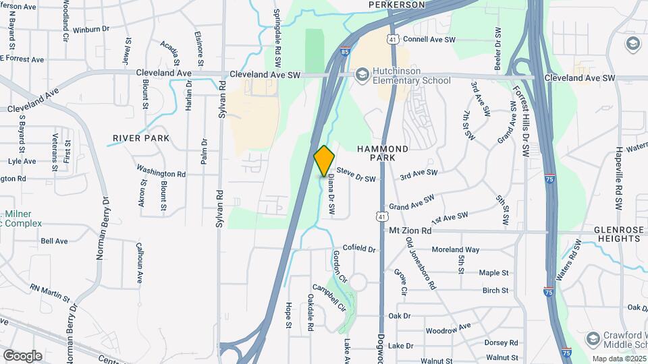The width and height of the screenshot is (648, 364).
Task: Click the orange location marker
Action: [325, 160]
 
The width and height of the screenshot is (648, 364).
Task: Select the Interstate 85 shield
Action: [346, 51]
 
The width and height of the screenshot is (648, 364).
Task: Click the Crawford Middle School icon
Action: [593, 337]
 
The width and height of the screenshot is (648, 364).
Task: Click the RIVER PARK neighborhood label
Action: [141, 138]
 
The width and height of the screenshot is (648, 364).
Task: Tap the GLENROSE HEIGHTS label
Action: [619, 235]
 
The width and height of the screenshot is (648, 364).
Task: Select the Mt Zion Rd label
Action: [410, 231]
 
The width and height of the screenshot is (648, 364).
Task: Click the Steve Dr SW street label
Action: [355, 175]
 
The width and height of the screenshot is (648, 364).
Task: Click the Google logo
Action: [22, 355]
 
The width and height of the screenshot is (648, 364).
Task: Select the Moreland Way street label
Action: [456, 250]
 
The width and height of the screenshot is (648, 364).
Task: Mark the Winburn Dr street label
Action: [90, 30]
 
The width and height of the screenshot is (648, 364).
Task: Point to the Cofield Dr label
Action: [359, 249]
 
